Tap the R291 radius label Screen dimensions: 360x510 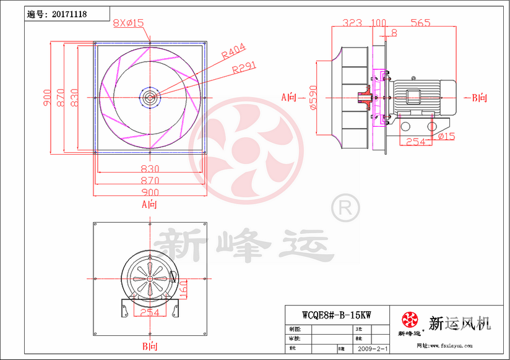[x=244, y=68]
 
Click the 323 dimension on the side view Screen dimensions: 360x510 [x=352, y=23]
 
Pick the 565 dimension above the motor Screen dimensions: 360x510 [x=420, y=23]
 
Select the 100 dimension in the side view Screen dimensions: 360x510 [x=378, y=23]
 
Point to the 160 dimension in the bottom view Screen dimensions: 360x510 [x=183, y=286]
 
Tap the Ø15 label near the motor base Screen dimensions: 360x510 [x=446, y=135]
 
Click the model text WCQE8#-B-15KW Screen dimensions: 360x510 [x=336, y=314]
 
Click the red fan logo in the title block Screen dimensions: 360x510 [x=410, y=320]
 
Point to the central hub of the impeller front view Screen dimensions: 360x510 [x=150, y=96]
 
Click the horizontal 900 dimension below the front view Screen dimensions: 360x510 [x=150, y=192]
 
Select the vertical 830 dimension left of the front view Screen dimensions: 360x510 [x=74, y=97]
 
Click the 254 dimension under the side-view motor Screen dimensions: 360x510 [x=415, y=142]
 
